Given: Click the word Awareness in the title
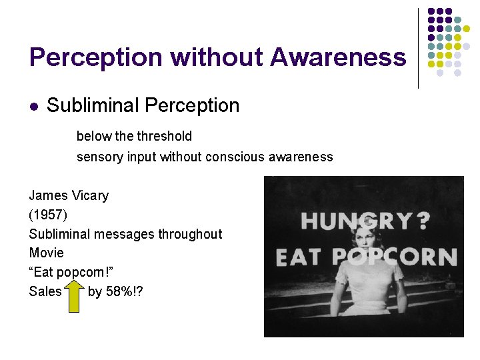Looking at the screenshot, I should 338,58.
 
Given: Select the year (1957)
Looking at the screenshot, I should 48,215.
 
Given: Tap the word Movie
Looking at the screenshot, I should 47,253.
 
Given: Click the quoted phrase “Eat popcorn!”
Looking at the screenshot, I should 66,273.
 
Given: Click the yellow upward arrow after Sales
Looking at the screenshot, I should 74,291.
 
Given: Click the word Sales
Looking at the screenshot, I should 45,291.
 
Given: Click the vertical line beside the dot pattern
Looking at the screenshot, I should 418,48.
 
